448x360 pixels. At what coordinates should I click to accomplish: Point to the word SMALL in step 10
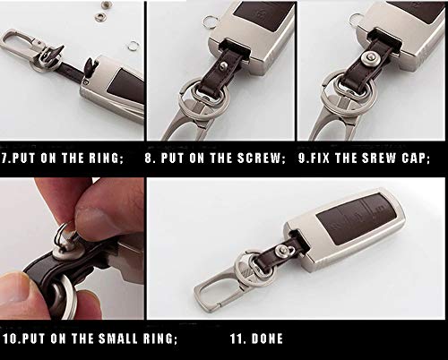[x=118, y=339]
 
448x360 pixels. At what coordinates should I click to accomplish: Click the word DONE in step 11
[x=267, y=339]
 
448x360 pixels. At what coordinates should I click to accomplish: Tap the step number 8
[x=149, y=158]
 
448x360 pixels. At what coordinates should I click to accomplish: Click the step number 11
[x=237, y=339]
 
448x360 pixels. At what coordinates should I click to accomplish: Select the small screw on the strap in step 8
[x=221, y=65]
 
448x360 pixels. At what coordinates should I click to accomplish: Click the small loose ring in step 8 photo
[x=209, y=21]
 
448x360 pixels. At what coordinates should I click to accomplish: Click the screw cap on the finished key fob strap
[x=281, y=250]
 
